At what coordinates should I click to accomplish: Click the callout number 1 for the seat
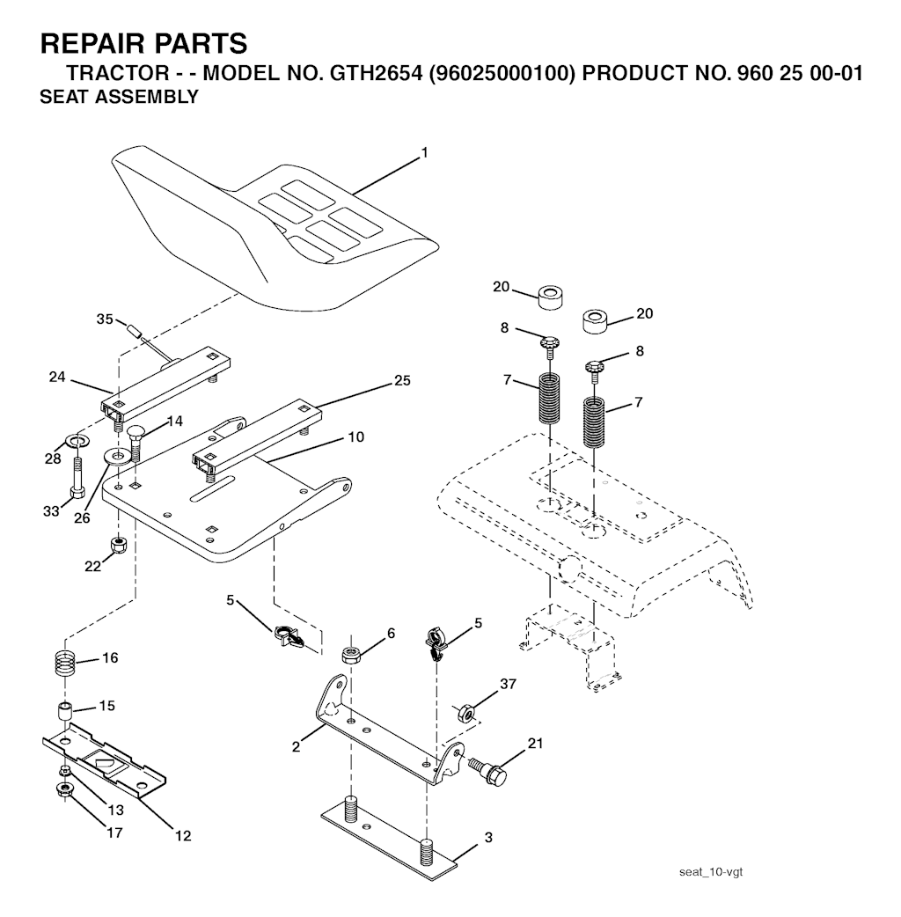point(424,153)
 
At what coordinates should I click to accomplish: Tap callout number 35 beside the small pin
point(105,319)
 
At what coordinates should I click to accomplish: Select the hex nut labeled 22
point(120,546)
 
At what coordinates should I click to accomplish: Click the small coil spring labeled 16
point(67,664)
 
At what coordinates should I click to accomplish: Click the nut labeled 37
point(465,714)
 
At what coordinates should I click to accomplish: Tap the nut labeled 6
point(351,655)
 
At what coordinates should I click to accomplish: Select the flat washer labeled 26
point(119,455)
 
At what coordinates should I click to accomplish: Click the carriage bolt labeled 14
point(136,442)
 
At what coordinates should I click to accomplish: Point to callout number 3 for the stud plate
point(488,838)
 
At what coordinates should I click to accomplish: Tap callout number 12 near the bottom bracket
point(183,836)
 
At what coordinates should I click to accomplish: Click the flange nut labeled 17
point(64,790)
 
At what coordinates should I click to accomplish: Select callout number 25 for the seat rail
point(402,380)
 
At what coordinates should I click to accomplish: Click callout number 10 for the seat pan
point(355,436)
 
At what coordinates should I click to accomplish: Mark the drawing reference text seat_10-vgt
point(711,872)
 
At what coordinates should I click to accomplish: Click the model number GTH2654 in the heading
point(376,73)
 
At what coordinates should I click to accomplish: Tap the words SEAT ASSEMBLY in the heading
point(120,97)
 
